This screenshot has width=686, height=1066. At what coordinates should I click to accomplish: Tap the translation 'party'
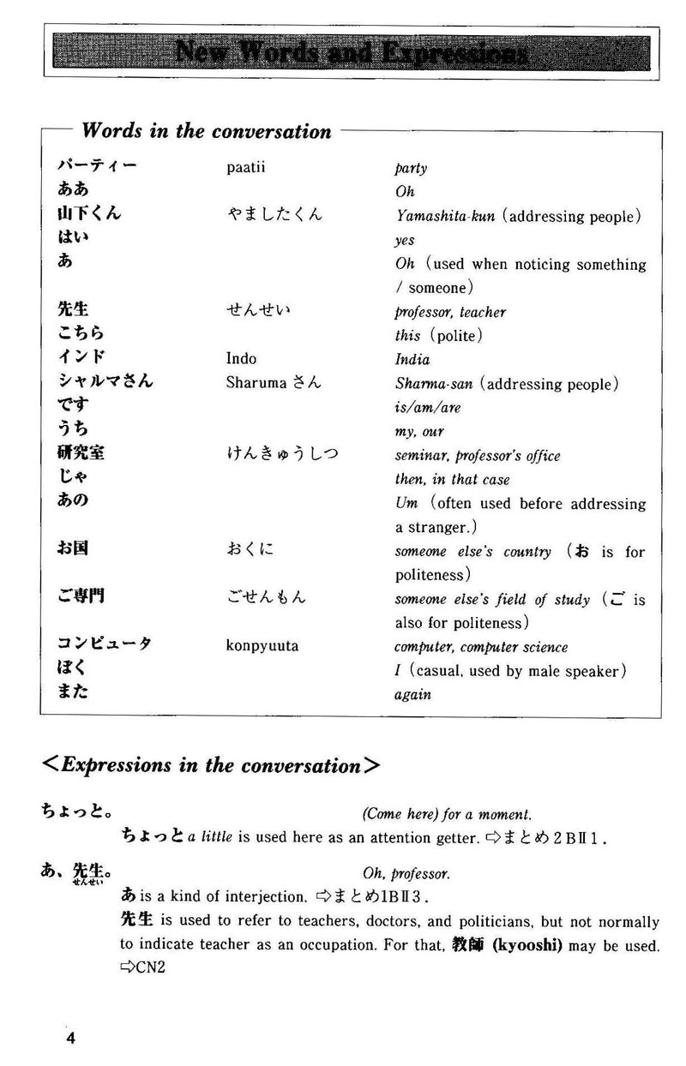(x=411, y=169)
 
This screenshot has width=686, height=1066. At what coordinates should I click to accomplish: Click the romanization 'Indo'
(x=241, y=359)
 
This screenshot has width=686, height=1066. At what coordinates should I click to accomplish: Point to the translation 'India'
(x=412, y=360)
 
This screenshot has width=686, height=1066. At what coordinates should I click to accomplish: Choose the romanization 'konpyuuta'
(x=262, y=646)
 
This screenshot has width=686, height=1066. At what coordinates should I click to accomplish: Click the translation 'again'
(x=412, y=695)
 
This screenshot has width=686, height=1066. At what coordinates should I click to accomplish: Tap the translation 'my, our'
(x=419, y=432)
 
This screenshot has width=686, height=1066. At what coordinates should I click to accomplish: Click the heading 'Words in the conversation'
(x=206, y=131)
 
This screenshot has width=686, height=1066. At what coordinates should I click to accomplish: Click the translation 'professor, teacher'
(x=450, y=313)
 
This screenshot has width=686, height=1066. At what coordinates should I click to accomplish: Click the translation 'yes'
(x=404, y=242)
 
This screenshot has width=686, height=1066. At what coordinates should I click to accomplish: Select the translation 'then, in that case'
(x=452, y=480)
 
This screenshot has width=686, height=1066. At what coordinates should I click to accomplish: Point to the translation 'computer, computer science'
(x=480, y=647)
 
